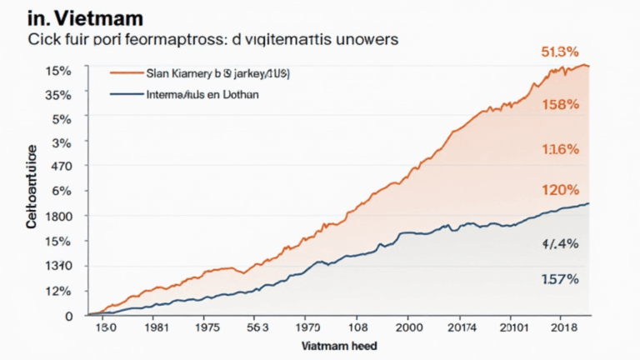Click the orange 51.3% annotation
(x=559, y=52)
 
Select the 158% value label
(x=559, y=105)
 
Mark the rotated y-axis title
(x=32, y=187)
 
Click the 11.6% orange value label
(x=559, y=150)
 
